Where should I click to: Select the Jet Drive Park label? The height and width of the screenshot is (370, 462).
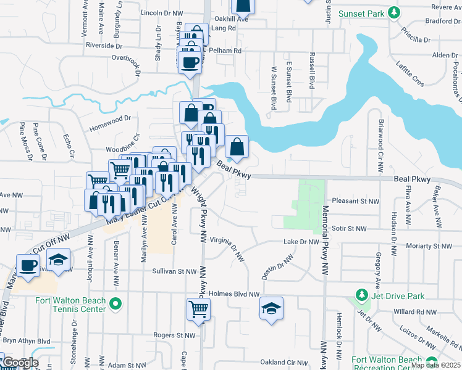[398, 296]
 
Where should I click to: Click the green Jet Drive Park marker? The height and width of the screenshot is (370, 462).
[361, 296]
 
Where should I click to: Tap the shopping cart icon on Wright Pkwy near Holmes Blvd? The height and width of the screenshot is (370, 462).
[198, 308]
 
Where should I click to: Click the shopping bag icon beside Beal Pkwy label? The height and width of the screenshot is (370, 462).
[237, 147]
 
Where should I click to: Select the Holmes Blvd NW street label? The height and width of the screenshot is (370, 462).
[234, 294]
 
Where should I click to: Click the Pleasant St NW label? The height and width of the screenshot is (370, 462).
[355, 201]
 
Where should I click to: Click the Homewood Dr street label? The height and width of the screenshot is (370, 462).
[111, 118]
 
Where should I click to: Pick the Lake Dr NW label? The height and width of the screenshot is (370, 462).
[301, 242]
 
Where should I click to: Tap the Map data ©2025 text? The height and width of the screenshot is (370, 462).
[435, 365]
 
